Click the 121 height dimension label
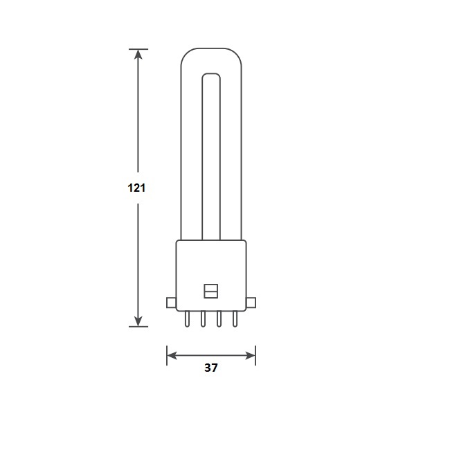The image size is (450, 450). tap(136, 188)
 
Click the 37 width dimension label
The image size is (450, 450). tap(211, 368)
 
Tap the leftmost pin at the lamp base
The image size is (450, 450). tap(187, 319)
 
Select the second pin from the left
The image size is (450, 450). tap(203, 319)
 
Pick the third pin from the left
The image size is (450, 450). tap(219, 319)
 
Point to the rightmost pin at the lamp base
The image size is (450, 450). tap(235, 319)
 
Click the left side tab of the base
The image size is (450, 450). tap(171, 303)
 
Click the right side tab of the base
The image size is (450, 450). tap(251, 303)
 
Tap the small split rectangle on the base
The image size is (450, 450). tap(211, 291)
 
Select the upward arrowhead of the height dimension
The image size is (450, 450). tap(138, 55)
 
